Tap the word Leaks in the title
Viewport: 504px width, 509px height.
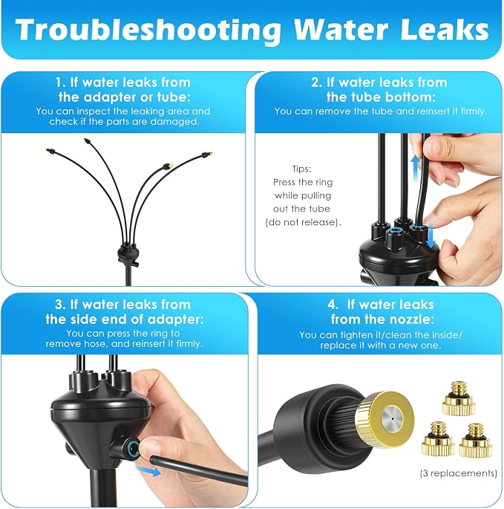pos(445,30)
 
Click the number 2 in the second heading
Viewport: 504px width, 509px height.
pos(315,82)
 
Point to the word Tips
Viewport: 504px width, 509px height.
pos(301,169)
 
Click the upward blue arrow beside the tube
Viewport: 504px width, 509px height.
pos(416,169)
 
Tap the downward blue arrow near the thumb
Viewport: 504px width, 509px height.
pos(431,235)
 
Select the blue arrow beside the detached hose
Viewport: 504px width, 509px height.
pos(148,470)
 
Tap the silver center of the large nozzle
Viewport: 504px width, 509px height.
pos(392,419)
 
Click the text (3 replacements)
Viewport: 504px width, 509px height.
pos(458,473)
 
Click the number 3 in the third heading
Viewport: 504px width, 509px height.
pos(59,305)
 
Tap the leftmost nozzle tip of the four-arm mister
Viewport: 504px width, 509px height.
pos(50,151)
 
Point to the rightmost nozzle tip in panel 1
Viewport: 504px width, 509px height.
pos(207,155)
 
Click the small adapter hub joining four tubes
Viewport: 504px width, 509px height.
pos(128,254)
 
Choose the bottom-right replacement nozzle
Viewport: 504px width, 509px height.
pos(475,440)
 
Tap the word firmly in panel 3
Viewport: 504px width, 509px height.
pos(189,344)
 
